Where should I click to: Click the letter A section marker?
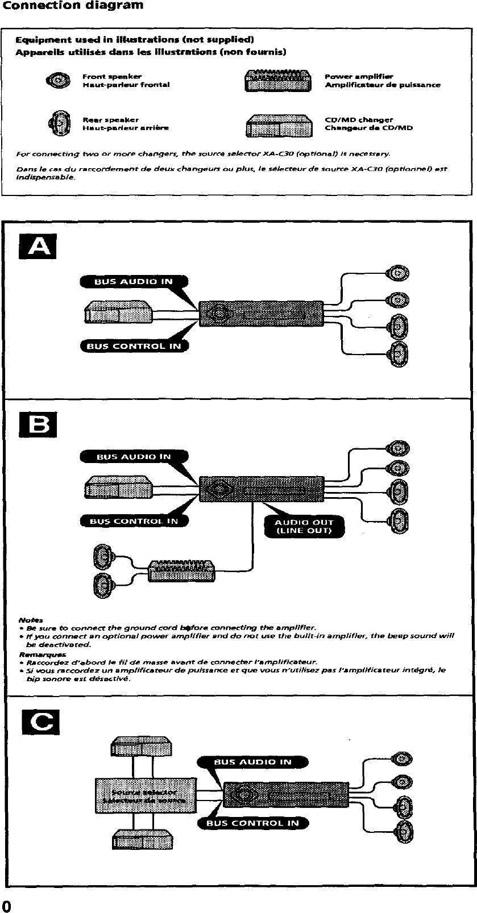point(38,247)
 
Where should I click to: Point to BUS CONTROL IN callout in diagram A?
point(134,345)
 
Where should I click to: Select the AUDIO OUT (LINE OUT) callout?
point(304,527)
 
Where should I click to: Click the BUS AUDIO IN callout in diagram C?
point(252,762)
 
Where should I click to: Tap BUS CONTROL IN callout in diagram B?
point(134,520)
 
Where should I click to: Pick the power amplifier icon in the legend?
point(278,80)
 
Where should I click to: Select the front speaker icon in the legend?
point(58,80)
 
